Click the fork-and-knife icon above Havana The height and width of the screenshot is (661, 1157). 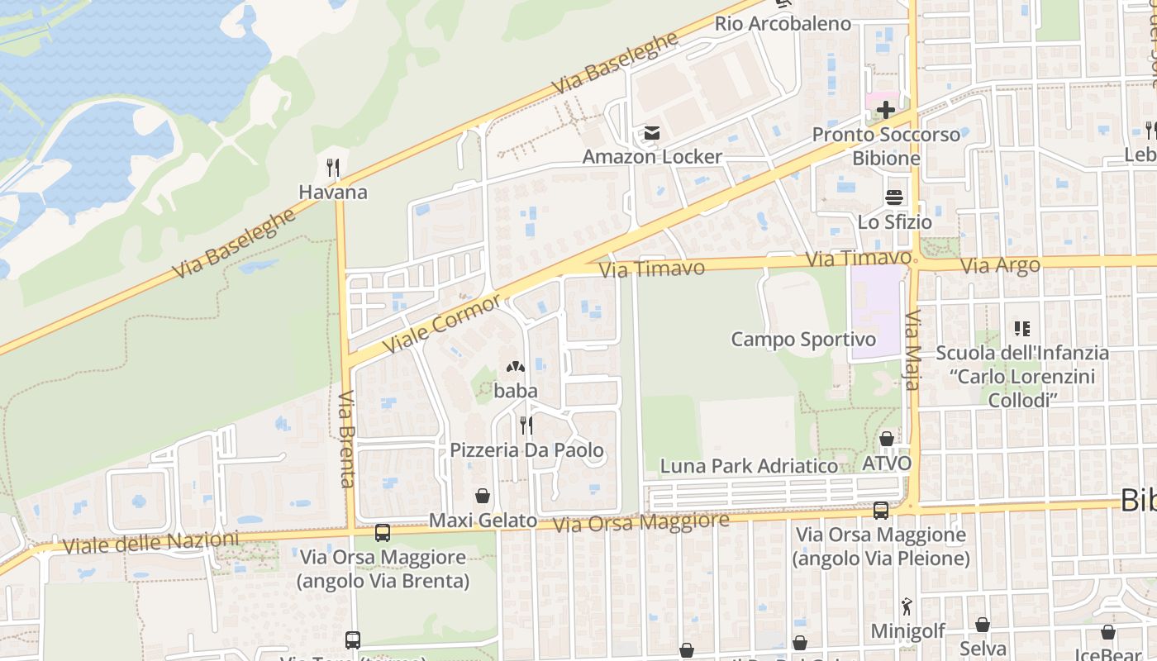(333, 169)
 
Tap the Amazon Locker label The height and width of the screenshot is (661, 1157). (652, 157)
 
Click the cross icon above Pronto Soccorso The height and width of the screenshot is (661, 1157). (886, 110)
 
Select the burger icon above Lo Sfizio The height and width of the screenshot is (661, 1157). (894, 197)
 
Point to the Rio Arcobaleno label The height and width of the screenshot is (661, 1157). (783, 23)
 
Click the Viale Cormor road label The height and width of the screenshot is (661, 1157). (442, 322)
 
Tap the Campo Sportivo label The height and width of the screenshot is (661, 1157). (803, 340)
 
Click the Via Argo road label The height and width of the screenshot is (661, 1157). (1000, 266)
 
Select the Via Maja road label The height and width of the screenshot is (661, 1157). (912, 344)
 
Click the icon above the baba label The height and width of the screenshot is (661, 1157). (516, 366)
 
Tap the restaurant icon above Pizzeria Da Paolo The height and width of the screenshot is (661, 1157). (526, 426)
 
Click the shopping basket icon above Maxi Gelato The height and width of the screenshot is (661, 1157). (483, 496)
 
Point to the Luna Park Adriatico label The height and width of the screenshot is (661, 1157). (749, 466)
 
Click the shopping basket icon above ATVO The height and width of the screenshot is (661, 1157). (887, 439)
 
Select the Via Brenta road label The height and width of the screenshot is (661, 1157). (347, 438)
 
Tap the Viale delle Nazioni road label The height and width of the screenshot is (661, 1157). (150, 543)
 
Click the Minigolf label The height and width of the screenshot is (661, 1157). (907, 631)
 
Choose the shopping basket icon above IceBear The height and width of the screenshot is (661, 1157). (1108, 632)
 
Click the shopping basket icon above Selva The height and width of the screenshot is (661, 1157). (983, 625)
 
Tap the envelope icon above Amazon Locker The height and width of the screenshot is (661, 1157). (652, 133)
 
